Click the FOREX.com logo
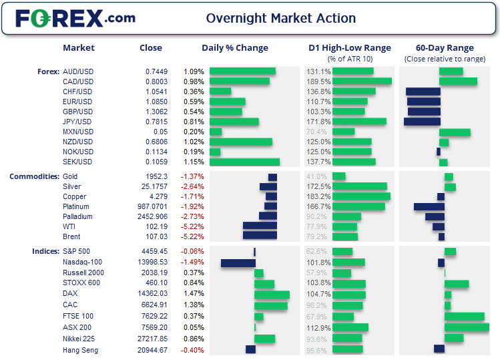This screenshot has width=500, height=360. [75, 18]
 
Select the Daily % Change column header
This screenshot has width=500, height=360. [235, 48]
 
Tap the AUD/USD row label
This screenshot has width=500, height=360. [77, 71]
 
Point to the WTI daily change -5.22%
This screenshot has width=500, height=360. [192, 226]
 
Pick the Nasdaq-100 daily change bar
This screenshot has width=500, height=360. [238, 263]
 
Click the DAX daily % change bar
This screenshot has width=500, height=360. [272, 295]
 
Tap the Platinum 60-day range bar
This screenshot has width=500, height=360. [429, 207]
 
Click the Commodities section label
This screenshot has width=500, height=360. [33, 176]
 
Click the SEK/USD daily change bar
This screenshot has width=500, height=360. [244, 162]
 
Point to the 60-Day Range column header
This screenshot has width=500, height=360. [445, 48]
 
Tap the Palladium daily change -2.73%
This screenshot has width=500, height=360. [192, 216]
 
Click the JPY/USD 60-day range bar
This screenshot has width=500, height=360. [422, 122]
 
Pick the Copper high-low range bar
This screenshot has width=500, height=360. [361, 197]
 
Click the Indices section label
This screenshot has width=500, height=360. [45, 251]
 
